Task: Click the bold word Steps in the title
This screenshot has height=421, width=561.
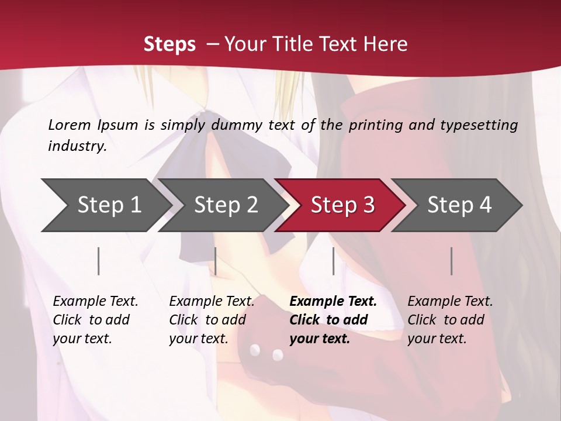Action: (x=169, y=44)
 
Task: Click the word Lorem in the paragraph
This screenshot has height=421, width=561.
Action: (x=70, y=125)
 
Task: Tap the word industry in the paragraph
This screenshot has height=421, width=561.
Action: (x=77, y=146)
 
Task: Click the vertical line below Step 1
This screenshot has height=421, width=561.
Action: (x=99, y=261)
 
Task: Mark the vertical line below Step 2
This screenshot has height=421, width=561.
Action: (x=216, y=261)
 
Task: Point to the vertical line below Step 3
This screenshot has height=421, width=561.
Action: (x=333, y=261)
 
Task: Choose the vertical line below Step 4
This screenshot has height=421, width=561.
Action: (x=452, y=261)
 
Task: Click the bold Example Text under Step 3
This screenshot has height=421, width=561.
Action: (x=333, y=301)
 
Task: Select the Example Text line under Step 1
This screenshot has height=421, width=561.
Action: (x=95, y=301)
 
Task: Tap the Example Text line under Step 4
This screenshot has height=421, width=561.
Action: (x=450, y=301)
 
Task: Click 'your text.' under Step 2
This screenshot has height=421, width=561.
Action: (x=199, y=339)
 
